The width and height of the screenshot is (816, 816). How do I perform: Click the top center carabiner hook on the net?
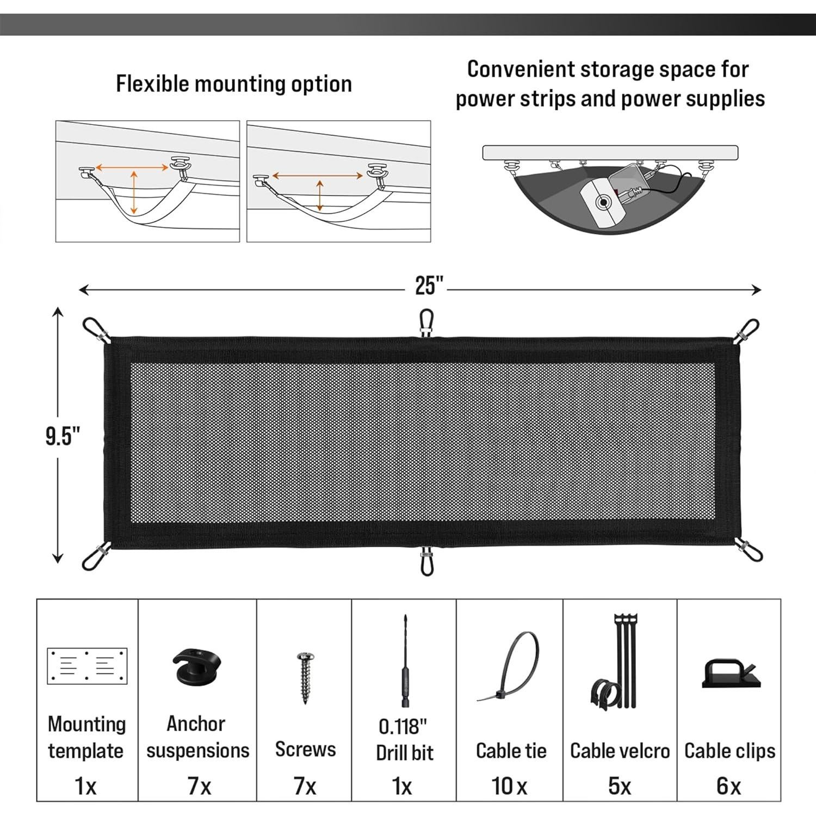point(426,323)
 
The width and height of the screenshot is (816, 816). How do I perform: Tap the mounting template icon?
point(87,665)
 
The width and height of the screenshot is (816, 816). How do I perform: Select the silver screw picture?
point(304,675)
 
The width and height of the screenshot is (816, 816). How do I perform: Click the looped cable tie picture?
point(512,669)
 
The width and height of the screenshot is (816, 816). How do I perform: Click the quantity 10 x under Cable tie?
point(509,786)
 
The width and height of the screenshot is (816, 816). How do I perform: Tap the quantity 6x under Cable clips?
point(728,786)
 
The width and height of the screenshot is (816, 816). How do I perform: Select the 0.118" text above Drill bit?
point(403,726)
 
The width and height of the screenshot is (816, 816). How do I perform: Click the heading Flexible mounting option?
point(234,84)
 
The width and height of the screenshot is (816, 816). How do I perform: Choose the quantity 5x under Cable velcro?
point(619,786)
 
